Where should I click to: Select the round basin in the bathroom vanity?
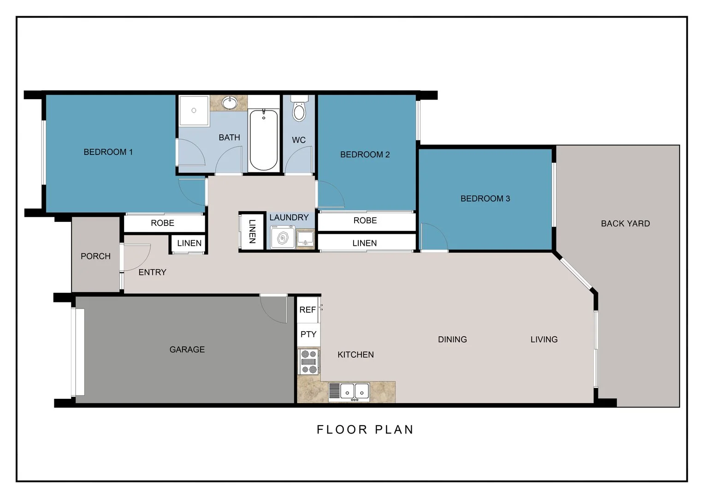(x=229, y=102)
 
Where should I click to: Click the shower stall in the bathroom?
(x=194, y=111)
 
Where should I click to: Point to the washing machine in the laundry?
(x=282, y=237)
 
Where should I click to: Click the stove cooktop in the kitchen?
(x=308, y=362)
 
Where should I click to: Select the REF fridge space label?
(x=308, y=310)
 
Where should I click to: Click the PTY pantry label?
(x=308, y=334)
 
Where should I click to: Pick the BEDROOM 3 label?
(x=485, y=199)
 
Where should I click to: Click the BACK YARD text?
(x=625, y=224)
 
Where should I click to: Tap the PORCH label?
(x=95, y=256)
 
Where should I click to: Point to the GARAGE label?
(x=187, y=350)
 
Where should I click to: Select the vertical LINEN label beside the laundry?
(x=252, y=231)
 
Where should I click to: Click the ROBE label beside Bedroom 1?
(x=162, y=223)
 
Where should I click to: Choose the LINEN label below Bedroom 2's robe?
(x=364, y=243)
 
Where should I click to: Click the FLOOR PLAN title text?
(x=365, y=430)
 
